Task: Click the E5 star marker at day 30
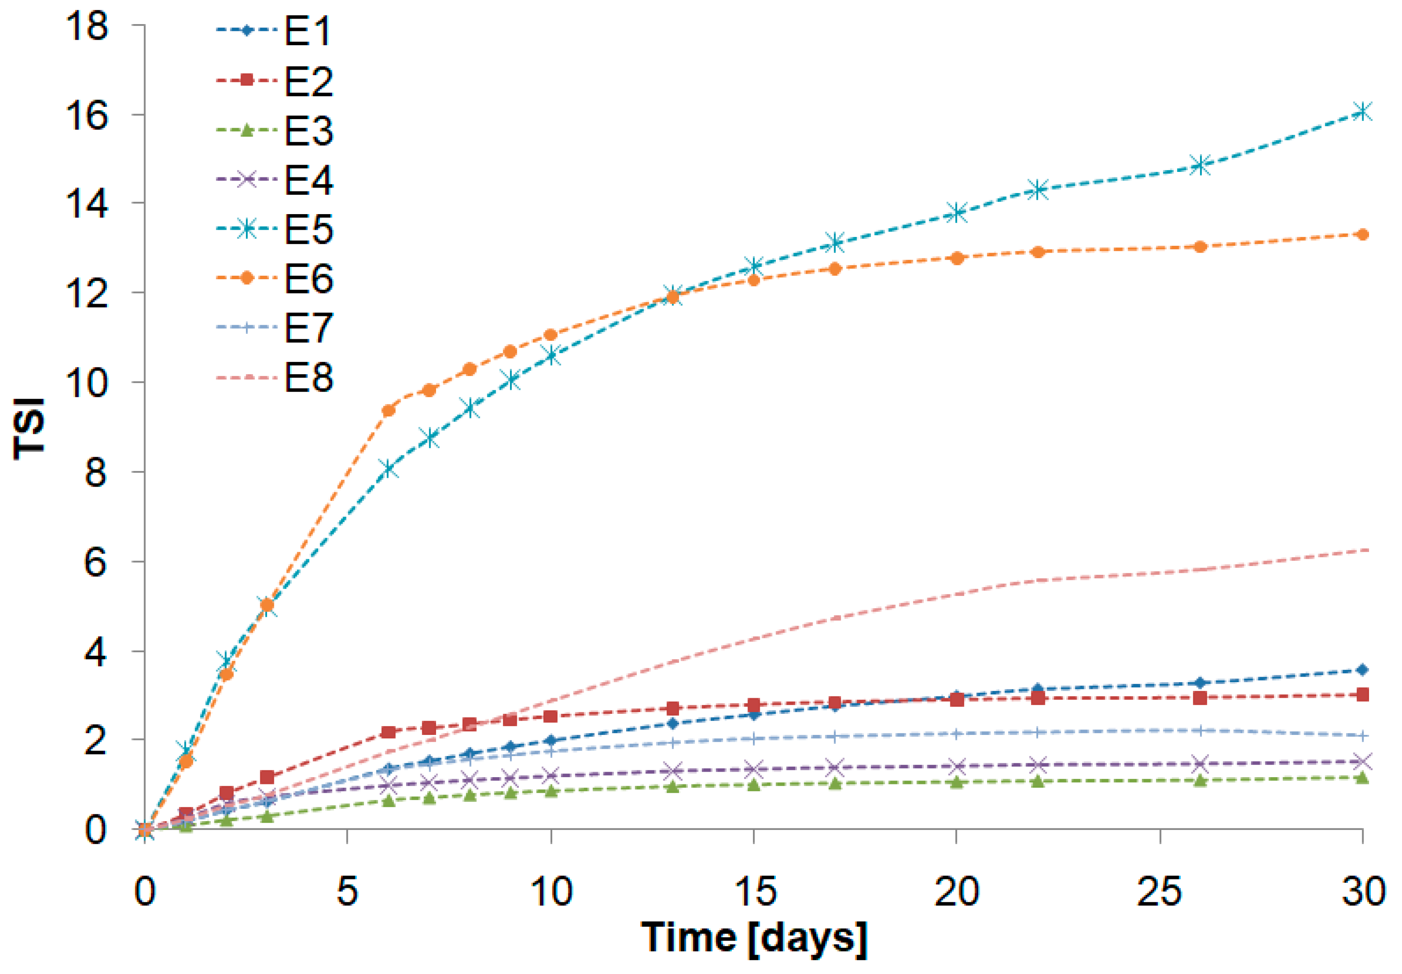[x=1362, y=111]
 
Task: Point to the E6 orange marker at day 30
[x=1362, y=234]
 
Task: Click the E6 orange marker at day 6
[x=388, y=411]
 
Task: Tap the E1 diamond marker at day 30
[x=1362, y=670]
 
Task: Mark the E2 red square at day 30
[x=1362, y=694]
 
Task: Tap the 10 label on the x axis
[x=551, y=892]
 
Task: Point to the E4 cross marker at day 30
[x=1362, y=762]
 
